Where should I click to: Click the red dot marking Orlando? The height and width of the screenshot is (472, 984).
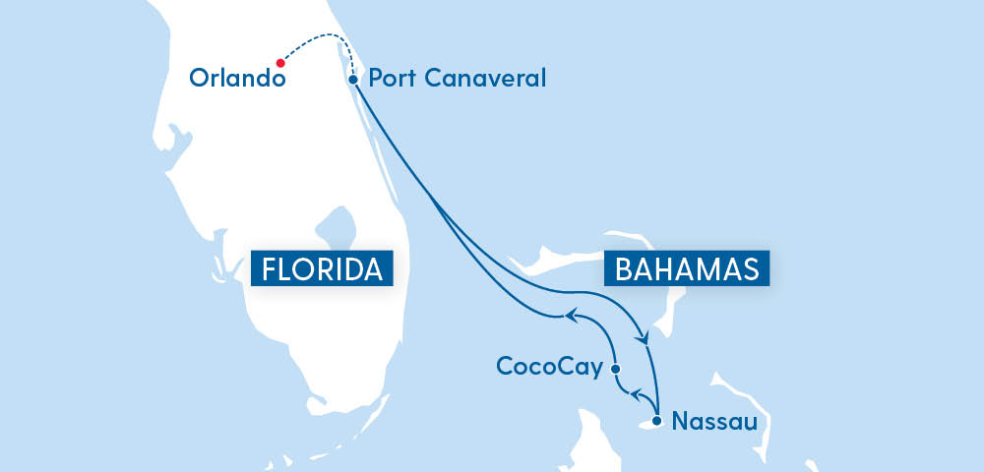tap(280, 62)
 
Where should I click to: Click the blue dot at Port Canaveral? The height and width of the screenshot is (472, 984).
tap(353, 80)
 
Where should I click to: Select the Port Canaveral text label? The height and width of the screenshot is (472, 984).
tap(456, 78)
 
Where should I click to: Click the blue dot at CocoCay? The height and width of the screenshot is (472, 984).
tap(616, 369)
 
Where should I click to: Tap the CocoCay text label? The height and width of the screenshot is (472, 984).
tap(550, 367)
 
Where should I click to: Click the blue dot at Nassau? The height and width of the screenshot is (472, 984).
tap(657, 422)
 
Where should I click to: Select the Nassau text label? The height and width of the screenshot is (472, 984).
tap(713, 422)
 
